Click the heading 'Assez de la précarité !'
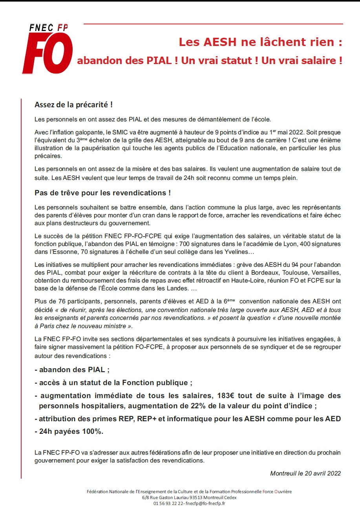coord(74,105)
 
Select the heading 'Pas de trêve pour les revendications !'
coord(102,193)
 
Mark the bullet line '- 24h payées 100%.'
coord(69,431)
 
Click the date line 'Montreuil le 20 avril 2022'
coord(305,473)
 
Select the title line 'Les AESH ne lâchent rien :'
coord(260,42)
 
